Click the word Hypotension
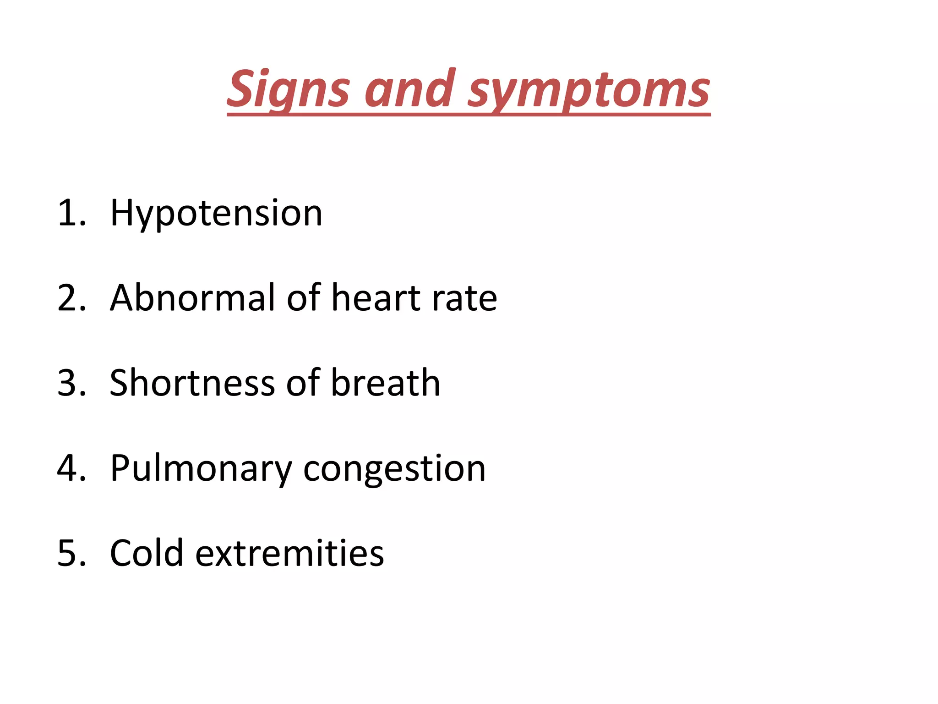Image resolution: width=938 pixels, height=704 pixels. pos(216,214)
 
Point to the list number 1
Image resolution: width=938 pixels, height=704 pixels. pos(71,214)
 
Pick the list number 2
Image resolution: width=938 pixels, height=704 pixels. pos(71,299)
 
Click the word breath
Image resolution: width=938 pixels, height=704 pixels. pos(385,383)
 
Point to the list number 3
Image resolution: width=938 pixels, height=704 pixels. pos(71,384)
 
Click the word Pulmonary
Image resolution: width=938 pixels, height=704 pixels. pos(201,468)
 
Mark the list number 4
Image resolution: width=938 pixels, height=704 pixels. pos(71,468)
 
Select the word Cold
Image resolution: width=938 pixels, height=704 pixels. pos(147,553)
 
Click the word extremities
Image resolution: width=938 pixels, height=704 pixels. pos(289,553)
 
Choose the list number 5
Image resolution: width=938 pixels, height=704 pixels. pos(71,554)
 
